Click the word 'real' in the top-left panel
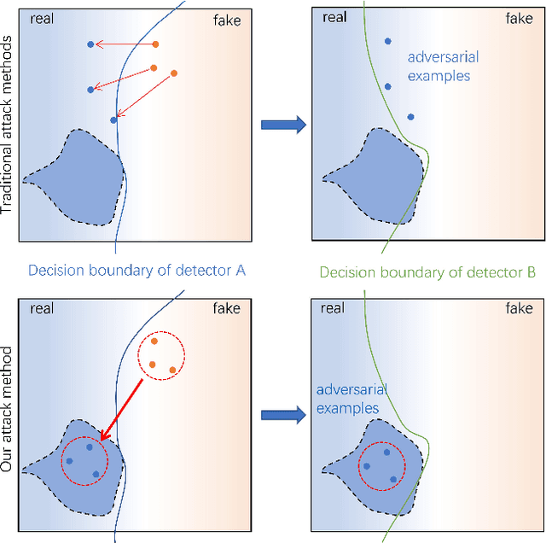coord(42,20)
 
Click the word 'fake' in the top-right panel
coord(226,20)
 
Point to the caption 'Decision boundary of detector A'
coord(136,271)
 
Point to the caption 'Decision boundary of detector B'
coord(427,272)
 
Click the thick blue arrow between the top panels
coord(282,126)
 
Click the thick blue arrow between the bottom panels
coord(282,415)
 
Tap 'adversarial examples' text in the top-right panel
coord(443,67)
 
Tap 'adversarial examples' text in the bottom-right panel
coord(351,399)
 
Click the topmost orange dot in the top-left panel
coord(154,44)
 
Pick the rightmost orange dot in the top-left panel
coord(174,73)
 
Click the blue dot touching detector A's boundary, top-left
coord(113,120)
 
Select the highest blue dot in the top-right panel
coord(388,41)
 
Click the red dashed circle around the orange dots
coord(161,353)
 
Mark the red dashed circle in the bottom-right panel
coord(381,466)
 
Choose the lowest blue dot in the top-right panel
coord(410,117)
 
